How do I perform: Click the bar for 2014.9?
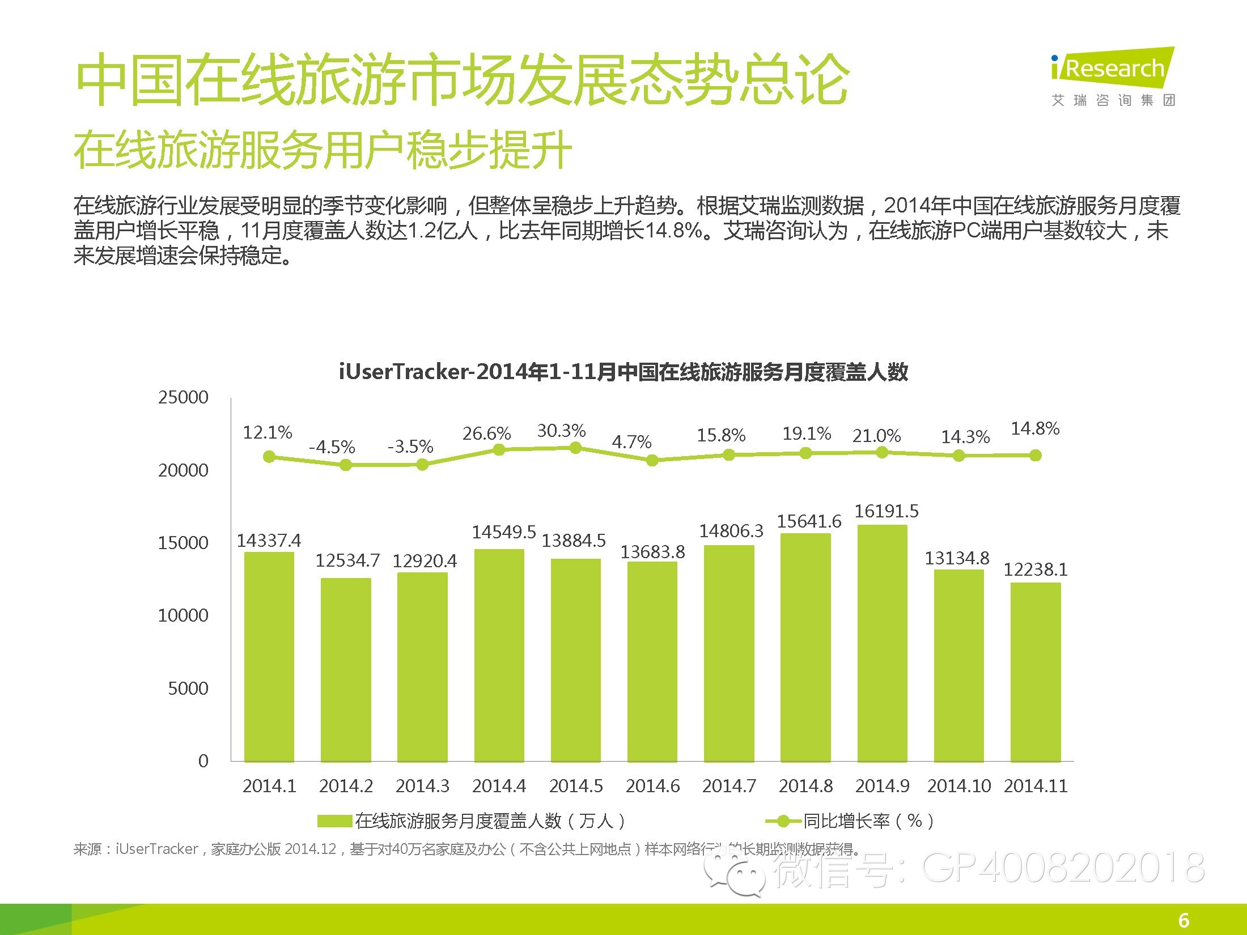[x=882, y=643]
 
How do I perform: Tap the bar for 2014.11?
[x=1036, y=672]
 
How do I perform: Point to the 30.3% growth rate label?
[x=561, y=431]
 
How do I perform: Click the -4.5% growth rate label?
[x=332, y=447]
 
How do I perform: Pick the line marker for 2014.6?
[x=652, y=460]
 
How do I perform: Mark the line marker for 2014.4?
[x=499, y=449]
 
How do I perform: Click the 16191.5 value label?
[x=887, y=511]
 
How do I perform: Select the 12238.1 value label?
[x=1036, y=569]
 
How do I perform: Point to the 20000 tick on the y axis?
[x=183, y=470]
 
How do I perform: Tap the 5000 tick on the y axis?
[x=188, y=688]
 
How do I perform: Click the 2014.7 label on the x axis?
[x=729, y=786]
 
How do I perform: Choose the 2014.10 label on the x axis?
[x=959, y=786]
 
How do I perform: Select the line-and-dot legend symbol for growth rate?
[x=783, y=821]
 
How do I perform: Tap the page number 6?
[x=1184, y=920]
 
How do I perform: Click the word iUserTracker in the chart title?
[x=404, y=372]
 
